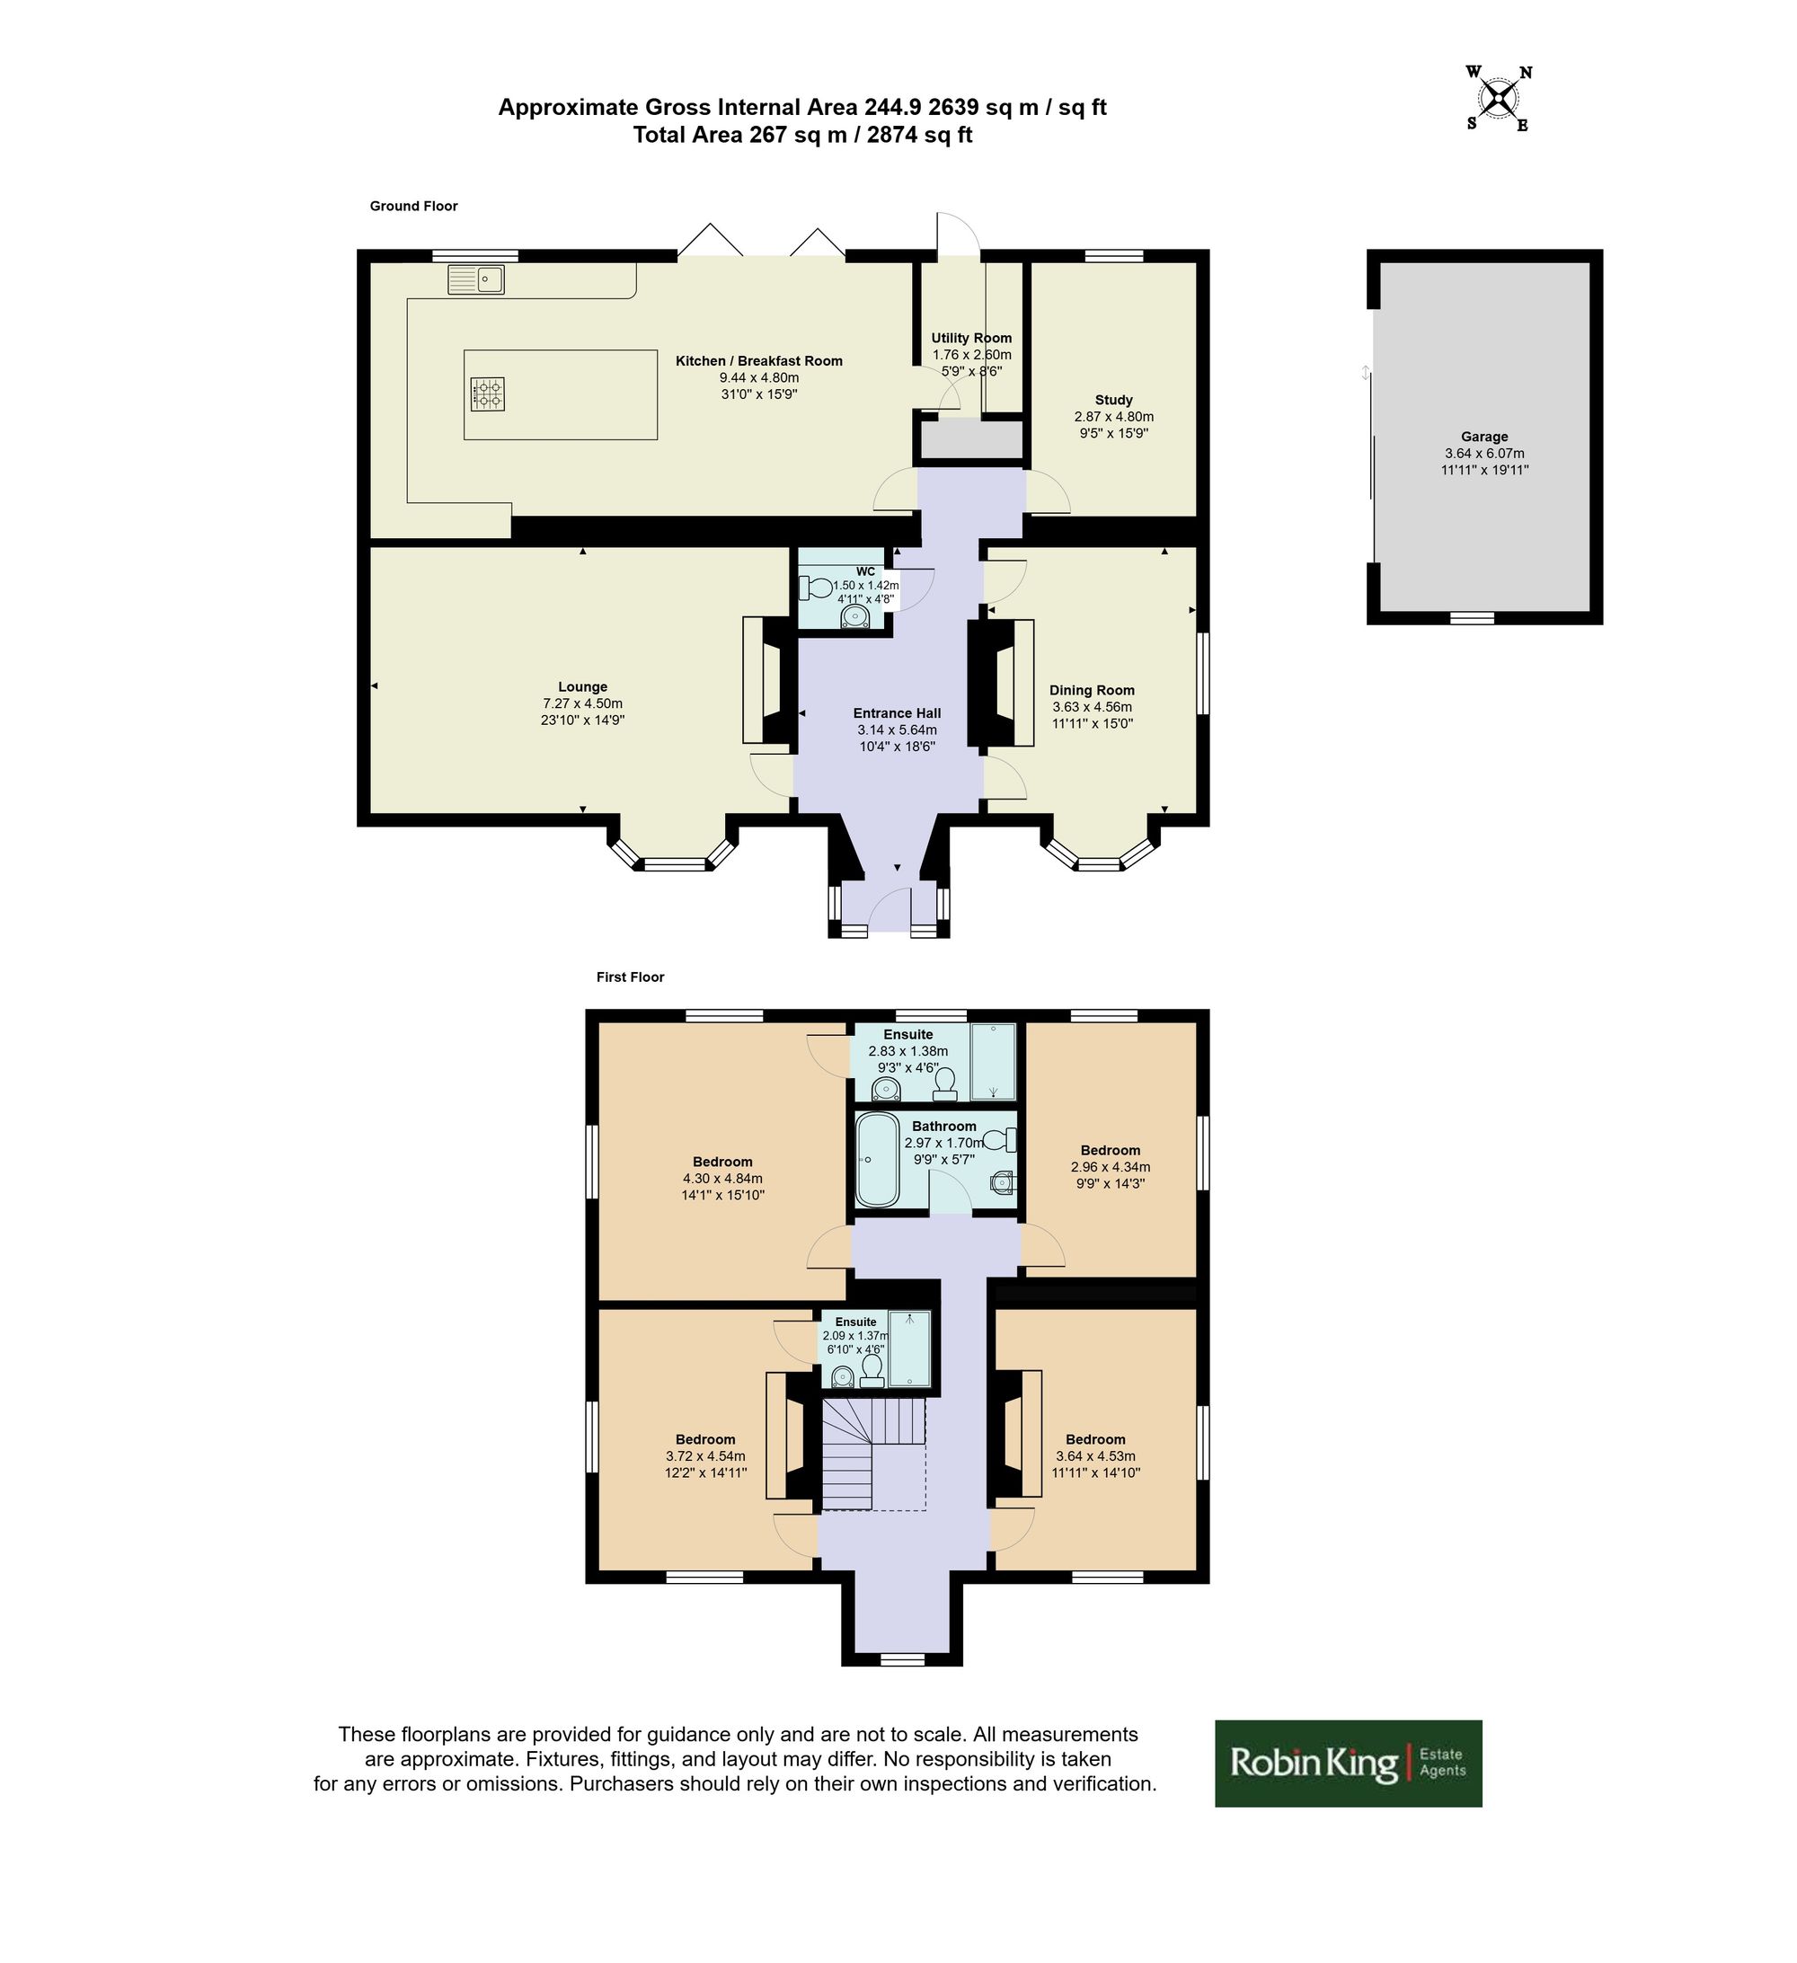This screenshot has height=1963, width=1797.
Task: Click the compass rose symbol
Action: [1499, 97]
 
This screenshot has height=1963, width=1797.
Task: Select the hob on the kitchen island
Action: [487, 393]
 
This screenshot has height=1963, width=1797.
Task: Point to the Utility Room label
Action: [971, 338]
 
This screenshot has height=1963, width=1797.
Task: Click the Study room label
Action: [1113, 399]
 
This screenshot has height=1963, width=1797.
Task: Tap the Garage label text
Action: [1483, 438]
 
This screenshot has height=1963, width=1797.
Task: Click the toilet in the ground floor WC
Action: [814, 588]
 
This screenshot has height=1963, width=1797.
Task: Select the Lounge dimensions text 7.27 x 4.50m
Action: [582, 703]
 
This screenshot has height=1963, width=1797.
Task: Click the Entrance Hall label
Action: [897, 712]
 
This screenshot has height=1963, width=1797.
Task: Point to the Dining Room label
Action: [1092, 690]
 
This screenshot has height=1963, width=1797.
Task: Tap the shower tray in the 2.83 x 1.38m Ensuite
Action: [994, 1061]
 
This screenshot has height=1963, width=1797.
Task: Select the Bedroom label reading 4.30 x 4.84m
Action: [722, 1162]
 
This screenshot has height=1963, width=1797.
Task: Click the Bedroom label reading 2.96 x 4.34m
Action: [1111, 1150]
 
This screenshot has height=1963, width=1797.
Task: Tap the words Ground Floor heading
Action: [414, 206]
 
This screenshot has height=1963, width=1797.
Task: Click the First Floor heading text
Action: [630, 977]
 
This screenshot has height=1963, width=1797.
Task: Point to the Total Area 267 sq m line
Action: [802, 135]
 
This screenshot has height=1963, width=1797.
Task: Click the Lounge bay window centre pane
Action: [674, 863]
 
